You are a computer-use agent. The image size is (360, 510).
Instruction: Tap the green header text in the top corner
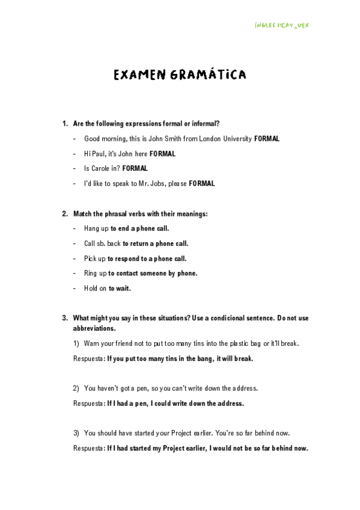[282, 26]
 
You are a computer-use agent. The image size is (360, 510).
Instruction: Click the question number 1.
[64, 124]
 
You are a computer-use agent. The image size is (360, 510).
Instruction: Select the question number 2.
[64, 214]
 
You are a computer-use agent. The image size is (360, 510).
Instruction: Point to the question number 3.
[64, 318]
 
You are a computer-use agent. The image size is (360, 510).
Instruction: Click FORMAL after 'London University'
[267, 139]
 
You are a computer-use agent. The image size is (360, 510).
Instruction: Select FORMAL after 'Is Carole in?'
[135, 169]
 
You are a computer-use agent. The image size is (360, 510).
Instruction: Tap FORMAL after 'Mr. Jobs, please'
[201, 184]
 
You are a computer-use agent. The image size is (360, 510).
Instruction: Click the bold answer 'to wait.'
[120, 289]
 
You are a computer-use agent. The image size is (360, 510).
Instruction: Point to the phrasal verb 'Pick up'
[95, 259]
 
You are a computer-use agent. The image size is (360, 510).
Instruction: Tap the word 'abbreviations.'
[94, 328]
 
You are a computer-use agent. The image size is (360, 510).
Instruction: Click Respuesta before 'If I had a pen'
[88, 404]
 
